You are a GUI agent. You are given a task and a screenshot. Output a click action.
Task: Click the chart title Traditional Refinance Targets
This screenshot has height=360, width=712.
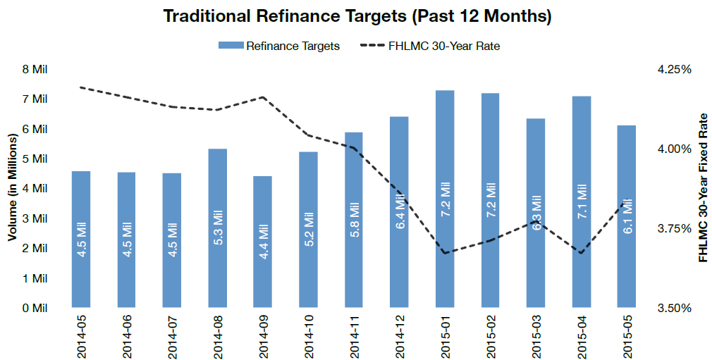(x=357, y=15)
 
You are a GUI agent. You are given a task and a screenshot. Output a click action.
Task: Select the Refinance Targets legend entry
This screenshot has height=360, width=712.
(x=278, y=46)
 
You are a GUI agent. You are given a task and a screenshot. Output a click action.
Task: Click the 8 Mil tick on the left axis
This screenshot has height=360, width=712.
(x=35, y=69)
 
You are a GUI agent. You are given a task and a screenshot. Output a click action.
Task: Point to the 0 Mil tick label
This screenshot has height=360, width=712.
(x=35, y=308)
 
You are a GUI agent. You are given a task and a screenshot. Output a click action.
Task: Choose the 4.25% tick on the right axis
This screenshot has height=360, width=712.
(x=674, y=69)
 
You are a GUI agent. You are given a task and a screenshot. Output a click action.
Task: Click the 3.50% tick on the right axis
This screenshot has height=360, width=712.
(x=674, y=308)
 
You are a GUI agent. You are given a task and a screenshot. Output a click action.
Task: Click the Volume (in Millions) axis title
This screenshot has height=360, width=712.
(x=12, y=188)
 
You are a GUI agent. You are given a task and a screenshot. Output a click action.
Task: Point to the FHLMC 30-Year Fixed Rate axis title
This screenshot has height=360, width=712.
(x=702, y=188)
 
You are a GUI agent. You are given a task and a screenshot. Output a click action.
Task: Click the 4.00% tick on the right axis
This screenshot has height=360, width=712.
(x=674, y=149)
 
